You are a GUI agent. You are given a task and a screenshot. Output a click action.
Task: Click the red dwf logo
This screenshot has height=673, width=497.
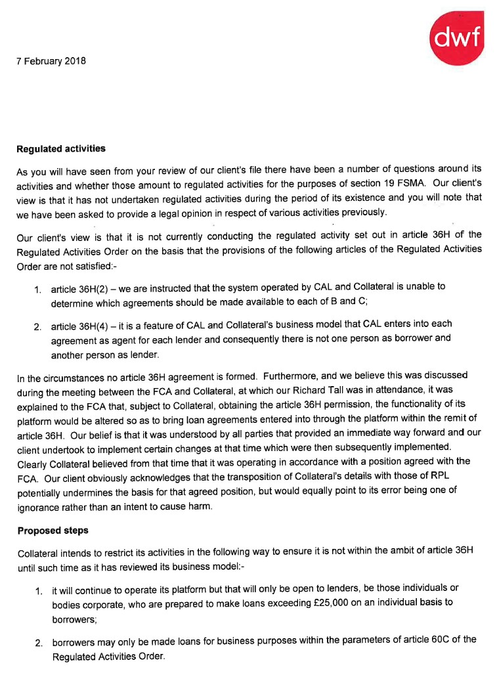pos(457,39)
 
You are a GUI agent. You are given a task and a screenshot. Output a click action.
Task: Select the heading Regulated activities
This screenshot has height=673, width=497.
pos(61,148)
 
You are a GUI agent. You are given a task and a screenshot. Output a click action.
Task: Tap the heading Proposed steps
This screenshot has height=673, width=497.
pos(54,531)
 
